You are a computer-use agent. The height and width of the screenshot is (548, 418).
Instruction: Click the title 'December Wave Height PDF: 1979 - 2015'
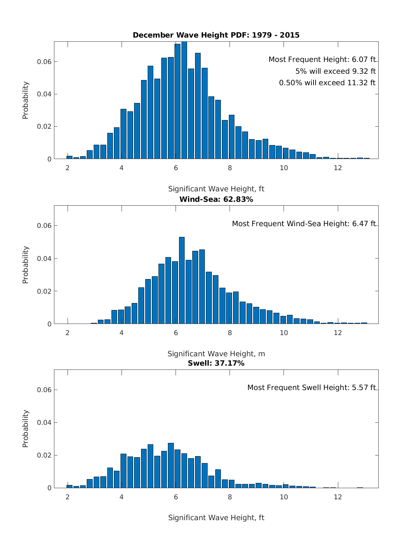(x=216, y=35)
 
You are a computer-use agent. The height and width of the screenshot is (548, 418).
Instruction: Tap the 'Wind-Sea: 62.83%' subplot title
(x=216, y=199)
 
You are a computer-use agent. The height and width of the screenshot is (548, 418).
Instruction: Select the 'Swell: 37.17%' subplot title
(x=216, y=363)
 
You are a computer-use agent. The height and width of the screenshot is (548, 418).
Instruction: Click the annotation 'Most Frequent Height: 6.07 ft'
(x=322, y=59)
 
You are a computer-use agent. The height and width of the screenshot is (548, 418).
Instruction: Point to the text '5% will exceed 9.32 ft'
(x=335, y=71)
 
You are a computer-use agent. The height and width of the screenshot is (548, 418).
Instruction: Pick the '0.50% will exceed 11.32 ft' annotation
(x=327, y=83)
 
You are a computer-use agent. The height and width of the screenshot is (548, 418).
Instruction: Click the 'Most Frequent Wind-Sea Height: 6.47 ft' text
(x=304, y=224)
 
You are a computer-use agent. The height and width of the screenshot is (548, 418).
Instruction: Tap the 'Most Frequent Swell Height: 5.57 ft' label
(x=311, y=388)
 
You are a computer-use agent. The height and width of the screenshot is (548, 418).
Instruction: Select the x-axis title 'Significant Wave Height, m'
(x=216, y=354)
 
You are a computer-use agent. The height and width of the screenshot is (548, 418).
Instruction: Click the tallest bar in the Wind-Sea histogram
(x=182, y=280)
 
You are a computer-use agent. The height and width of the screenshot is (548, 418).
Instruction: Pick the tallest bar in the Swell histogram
(x=171, y=466)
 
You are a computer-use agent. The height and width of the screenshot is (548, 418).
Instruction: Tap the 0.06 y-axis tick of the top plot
(x=44, y=62)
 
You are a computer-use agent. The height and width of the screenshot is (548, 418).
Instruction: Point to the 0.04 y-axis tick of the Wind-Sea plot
(x=44, y=259)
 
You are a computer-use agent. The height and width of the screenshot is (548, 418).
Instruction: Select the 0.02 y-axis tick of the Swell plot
(x=44, y=455)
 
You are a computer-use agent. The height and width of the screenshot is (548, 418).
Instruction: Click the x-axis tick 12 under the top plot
(x=338, y=168)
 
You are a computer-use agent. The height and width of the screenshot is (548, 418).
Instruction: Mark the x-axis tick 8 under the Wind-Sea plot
(x=230, y=333)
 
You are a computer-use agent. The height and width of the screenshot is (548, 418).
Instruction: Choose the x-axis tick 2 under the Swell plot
(x=68, y=497)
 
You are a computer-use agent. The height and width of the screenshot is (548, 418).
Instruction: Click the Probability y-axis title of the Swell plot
(x=25, y=429)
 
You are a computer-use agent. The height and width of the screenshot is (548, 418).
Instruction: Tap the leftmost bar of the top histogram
(x=70, y=157)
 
